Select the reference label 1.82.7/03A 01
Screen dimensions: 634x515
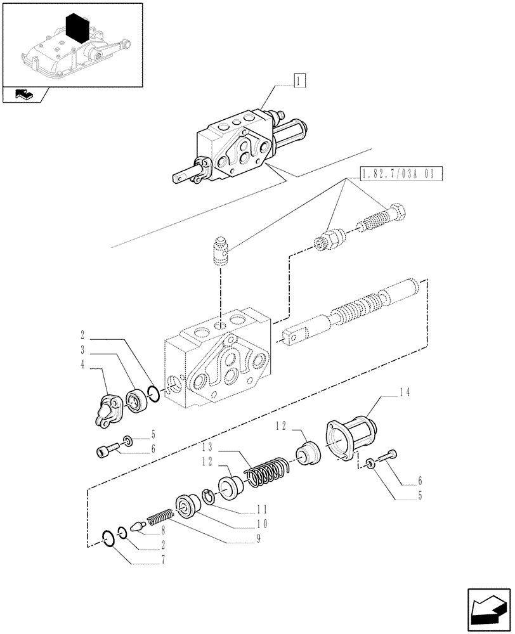point(401,173)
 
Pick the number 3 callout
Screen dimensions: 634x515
point(83,349)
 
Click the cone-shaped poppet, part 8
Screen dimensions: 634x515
point(138,526)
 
